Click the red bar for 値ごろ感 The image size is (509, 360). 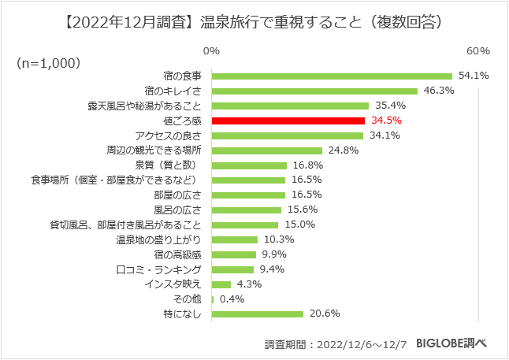tap(288, 121)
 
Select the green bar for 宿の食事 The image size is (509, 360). tap(332, 76)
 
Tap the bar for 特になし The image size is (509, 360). tap(258, 314)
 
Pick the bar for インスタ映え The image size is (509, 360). tap(221, 284)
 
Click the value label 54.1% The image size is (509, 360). tap(474, 76)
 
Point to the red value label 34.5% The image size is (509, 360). tap(386, 121)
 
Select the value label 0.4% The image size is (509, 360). tap(232, 299)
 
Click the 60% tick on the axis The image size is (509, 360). tap(478, 51)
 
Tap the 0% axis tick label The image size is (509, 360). tap(211, 51)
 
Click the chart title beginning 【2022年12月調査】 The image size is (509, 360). tap(254, 22)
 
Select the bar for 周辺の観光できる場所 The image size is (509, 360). tap(267, 150)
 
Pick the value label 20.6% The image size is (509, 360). tap(324, 314)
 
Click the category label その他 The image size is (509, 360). tap(188, 299)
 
